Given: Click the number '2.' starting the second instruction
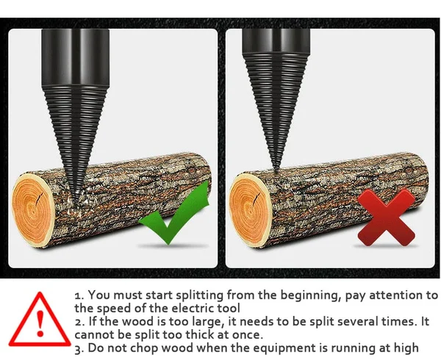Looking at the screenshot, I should pyautogui.click(x=79, y=322).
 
